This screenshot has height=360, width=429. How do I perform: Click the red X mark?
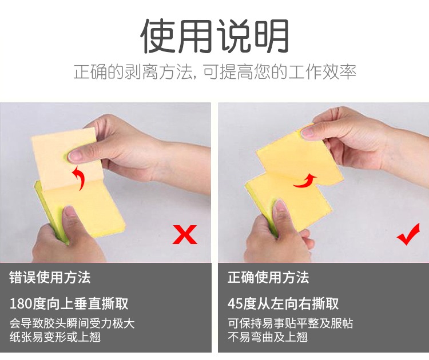coord(185,234)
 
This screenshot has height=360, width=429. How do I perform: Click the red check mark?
coord(408,234)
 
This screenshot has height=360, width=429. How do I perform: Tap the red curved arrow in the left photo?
coord(78,178)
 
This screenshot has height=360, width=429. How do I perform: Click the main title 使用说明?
coord(214,36)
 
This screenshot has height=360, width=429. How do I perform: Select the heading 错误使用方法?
coord(50,277)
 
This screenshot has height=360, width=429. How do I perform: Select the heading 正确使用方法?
coord(268,277)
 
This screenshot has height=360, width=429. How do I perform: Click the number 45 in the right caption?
coord(235,303)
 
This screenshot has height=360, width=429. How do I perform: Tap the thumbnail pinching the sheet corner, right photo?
coord(307,133)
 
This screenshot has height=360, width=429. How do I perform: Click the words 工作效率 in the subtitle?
coord(322,72)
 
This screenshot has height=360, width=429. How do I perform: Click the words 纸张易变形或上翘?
coord(55,337)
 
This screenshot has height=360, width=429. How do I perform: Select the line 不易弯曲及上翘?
coord(268,337)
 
